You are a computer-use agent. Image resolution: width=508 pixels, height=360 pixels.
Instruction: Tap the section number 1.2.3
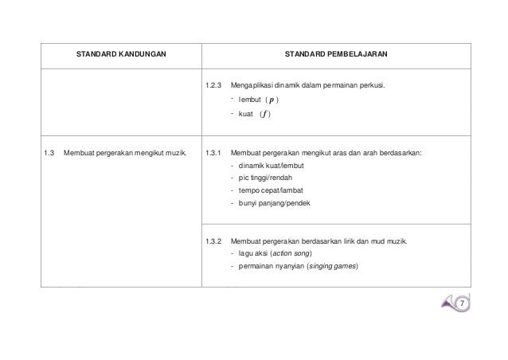213,84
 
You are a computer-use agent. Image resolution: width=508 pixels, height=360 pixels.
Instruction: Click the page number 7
462,303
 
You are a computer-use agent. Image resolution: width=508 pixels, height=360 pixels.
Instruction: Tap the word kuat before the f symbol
246,114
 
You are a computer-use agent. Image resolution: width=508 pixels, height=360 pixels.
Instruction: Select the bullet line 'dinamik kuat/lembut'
269,165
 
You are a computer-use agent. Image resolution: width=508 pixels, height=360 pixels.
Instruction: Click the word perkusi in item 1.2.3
371,84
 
